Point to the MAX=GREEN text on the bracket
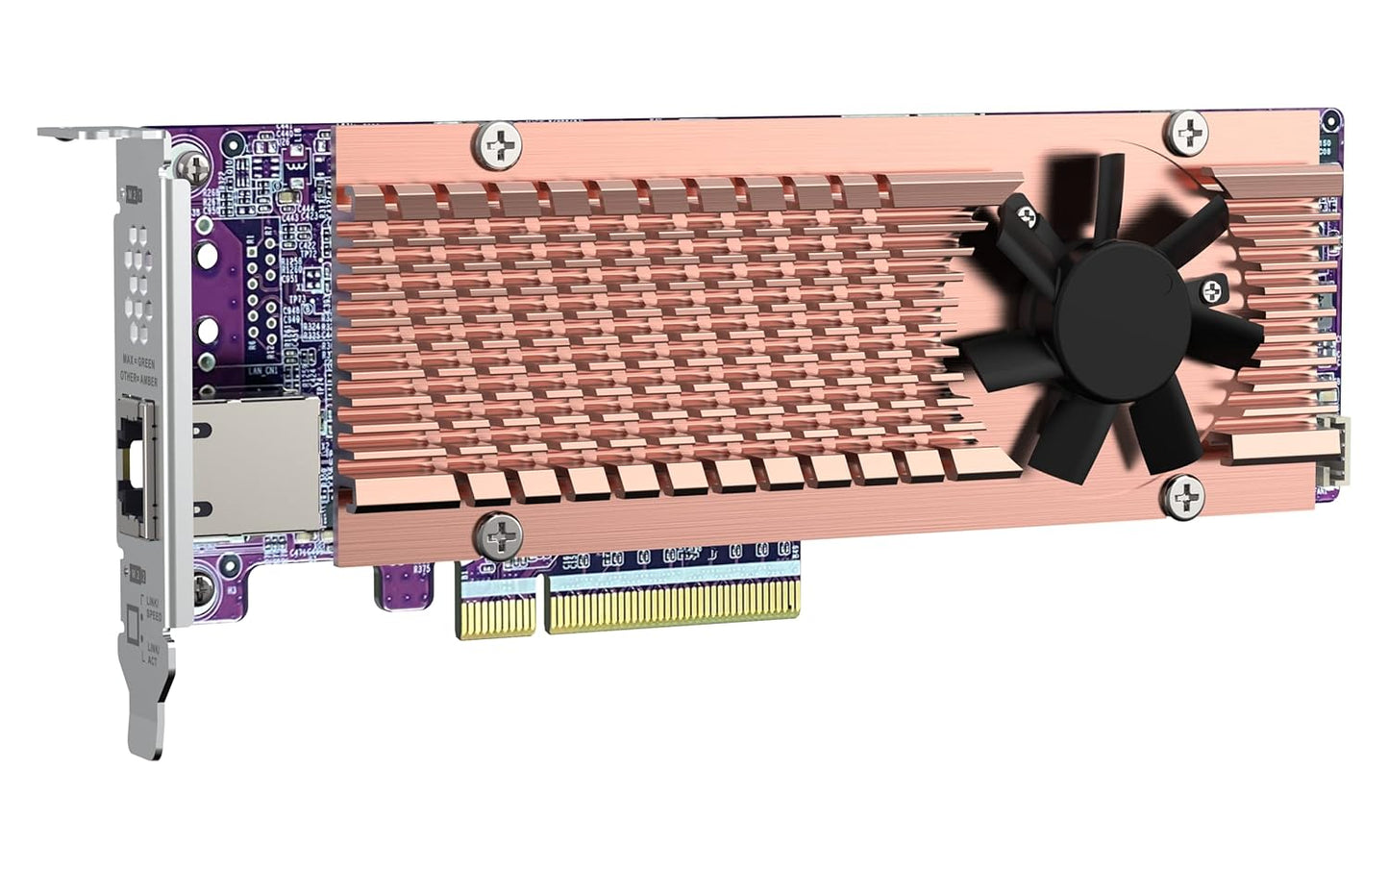[x=138, y=363]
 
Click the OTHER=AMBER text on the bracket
[x=138, y=377]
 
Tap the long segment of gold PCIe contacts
[x=673, y=607]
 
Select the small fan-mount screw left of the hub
[x=1023, y=214]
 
